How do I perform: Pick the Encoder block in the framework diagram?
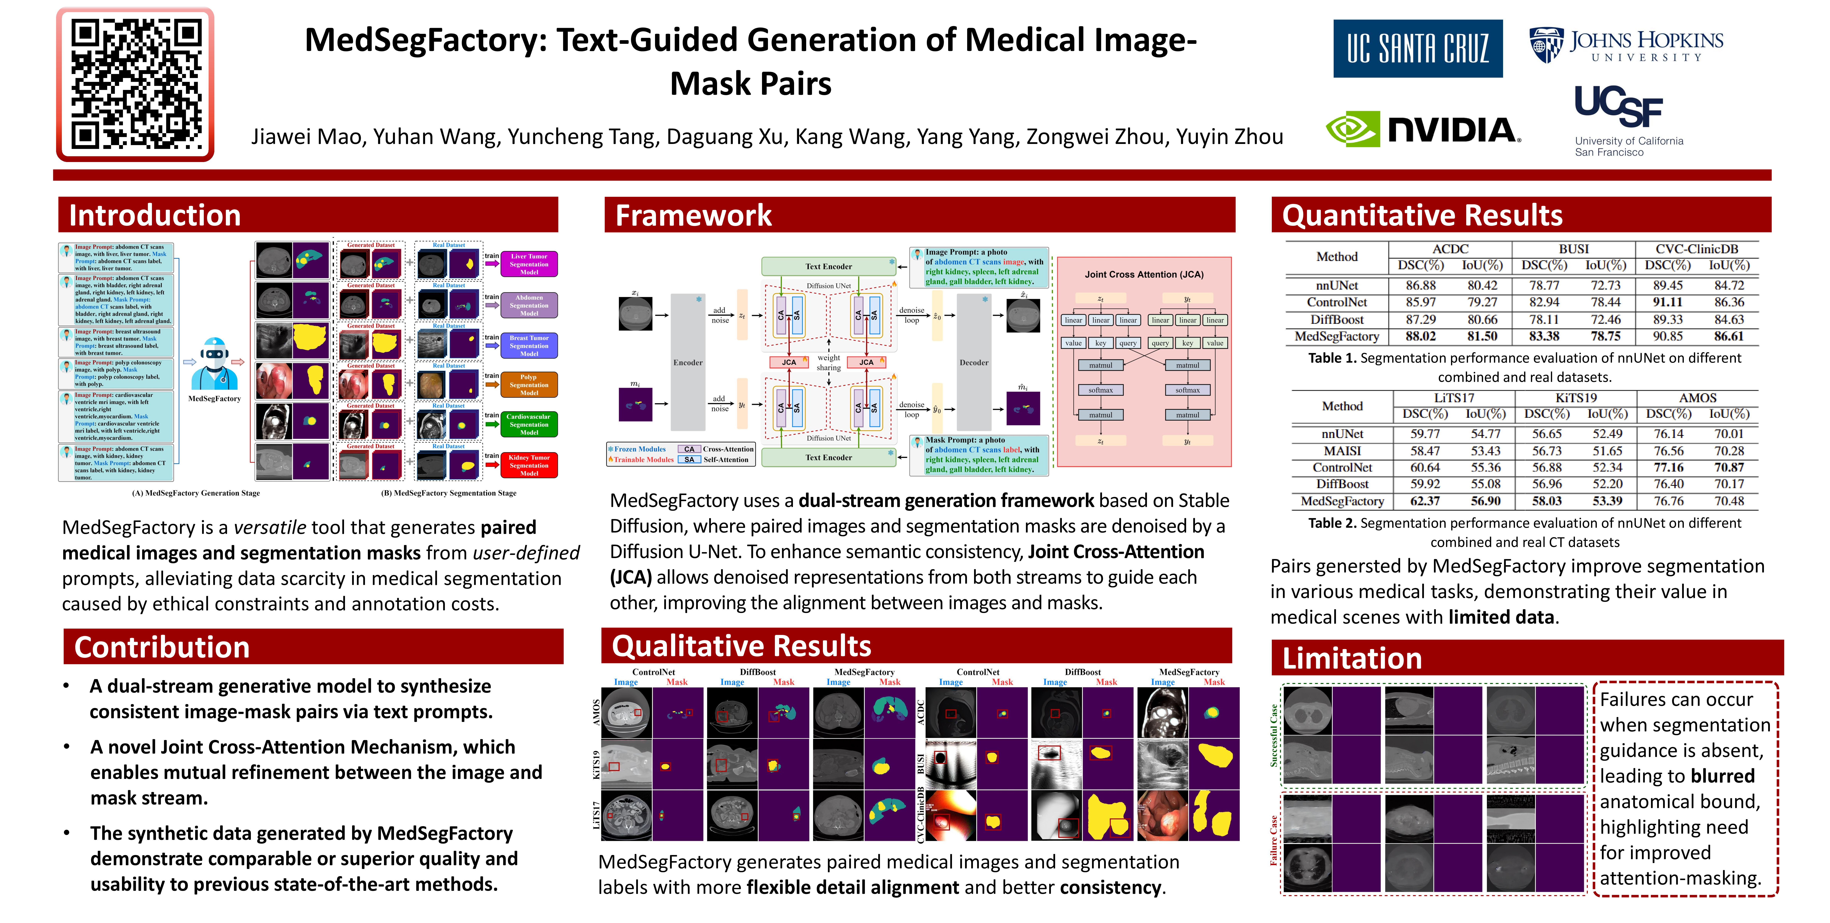pos(688,362)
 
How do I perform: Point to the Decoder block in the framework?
pos(974,362)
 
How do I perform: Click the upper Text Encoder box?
pos(828,267)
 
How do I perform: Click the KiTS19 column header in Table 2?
pos(1576,398)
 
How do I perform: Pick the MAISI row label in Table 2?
pos(1342,450)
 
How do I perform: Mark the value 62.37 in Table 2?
pos(1424,501)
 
